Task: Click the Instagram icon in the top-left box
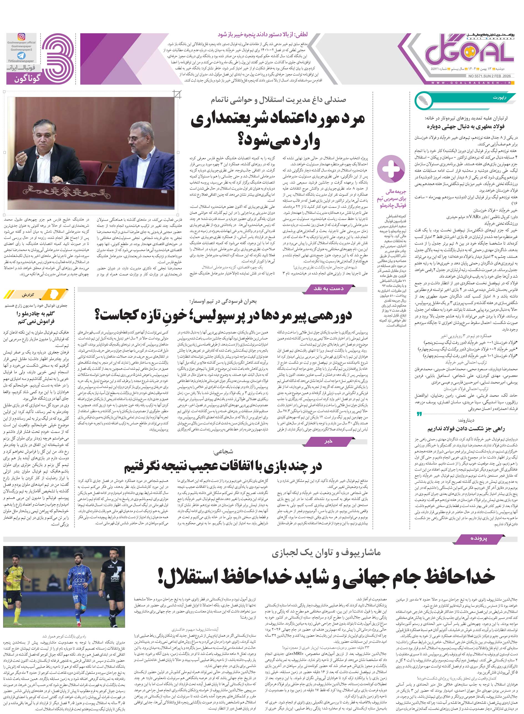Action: click(x=22, y=37)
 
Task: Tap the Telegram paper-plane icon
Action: click(x=21, y=56)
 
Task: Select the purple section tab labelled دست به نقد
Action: click(x=329, y=289)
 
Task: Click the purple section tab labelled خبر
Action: click(x=329, y=441)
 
